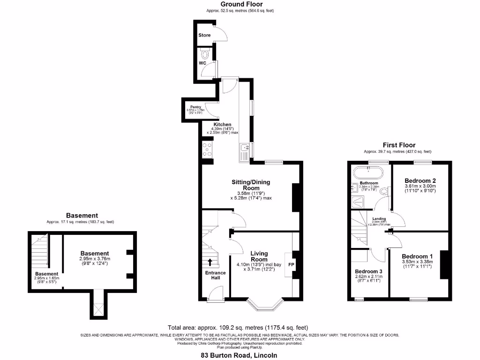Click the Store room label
point(204,35)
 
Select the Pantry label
point(195,107)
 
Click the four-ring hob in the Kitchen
point(206,150)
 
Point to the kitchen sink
point(244,150)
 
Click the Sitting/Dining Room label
point(251,185)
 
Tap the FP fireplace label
point(291,264)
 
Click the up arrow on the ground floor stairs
point(210,262)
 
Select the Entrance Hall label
point(215,275)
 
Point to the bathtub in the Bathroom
point(368,170)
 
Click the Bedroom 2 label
point(420,180)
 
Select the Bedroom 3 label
point(368,271)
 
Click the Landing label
point(379,218)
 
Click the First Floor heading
point(398,145)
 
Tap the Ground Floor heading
point(239,4)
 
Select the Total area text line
point(238,327)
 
